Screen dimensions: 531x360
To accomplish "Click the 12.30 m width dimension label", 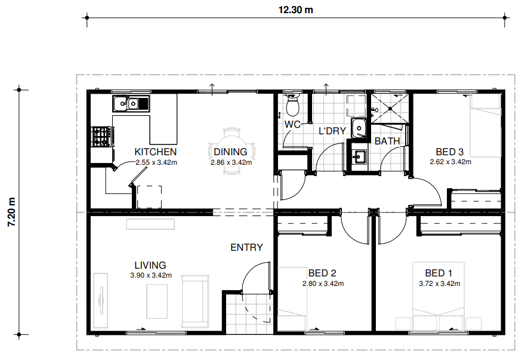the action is click(296, 10).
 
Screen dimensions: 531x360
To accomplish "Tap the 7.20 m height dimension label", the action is click(12, 212).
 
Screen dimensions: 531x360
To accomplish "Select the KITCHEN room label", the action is click(156, 152).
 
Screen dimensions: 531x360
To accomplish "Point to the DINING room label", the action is click(230, 152).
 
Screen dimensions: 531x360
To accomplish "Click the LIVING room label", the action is click(150, 265).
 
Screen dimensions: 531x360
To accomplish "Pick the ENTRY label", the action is click(246, 247).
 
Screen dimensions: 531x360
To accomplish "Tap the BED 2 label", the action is click(322, 273).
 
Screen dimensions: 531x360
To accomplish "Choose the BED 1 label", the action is click(439, 273).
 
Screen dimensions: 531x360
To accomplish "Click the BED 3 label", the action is click(449, 152).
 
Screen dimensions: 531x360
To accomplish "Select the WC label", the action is click(292, 124).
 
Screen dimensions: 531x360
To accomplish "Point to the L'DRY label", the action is click(332, 131).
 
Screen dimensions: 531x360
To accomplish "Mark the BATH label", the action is click(387, 141).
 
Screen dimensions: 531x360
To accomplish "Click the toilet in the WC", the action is click(292, 104).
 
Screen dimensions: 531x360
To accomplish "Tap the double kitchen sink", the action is click(131, 103).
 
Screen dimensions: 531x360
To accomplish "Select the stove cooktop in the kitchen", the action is click(101, 137).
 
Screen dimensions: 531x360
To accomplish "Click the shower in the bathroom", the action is click(390, 109).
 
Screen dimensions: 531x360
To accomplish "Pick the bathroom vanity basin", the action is click(359, 156).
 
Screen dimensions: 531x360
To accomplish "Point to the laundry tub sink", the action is click(359, 128).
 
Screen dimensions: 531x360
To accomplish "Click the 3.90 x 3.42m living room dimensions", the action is click(151, 275).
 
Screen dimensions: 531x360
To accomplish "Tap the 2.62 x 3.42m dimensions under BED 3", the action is click(450, 162).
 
